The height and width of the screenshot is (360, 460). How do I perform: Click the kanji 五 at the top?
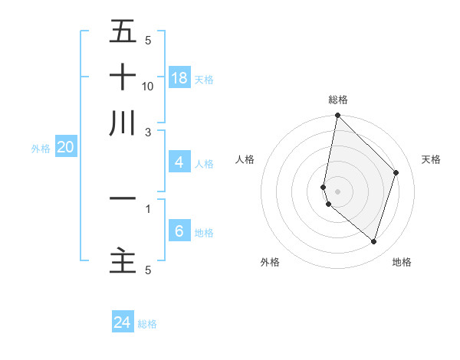(123, 32)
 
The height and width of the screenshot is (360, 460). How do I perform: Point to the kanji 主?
(123, 260)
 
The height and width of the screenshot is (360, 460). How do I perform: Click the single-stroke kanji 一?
(123, 198)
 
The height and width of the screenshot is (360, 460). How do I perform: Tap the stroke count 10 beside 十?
(148, 86)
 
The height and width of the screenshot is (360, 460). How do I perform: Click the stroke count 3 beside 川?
(148, 132)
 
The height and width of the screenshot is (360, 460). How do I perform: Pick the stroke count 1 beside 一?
(148, 208)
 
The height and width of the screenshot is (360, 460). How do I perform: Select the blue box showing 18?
(179, 77)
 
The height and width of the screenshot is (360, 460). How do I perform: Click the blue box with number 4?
(179, 162)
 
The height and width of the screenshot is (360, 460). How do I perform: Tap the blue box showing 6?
(179, 231)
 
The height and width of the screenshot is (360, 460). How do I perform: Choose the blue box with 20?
(65, 148)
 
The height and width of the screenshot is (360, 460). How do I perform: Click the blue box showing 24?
(123, 323)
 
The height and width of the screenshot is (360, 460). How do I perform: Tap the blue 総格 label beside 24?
(147, 324)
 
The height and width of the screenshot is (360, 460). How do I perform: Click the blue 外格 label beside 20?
(41, 149)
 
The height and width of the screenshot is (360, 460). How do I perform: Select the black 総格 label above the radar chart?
(338, 100)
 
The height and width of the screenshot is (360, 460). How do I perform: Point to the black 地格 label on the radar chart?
(402, 262)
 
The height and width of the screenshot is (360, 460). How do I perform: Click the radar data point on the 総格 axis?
(337, 116)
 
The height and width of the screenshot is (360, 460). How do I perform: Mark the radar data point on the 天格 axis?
(396, 172)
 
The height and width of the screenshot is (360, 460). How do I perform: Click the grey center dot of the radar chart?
(337, 191)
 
